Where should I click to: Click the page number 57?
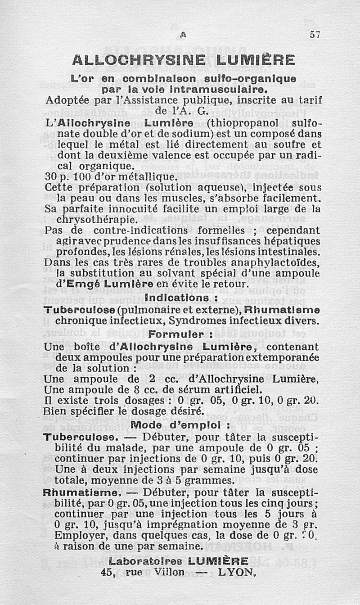314,35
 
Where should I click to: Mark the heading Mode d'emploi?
180,424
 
